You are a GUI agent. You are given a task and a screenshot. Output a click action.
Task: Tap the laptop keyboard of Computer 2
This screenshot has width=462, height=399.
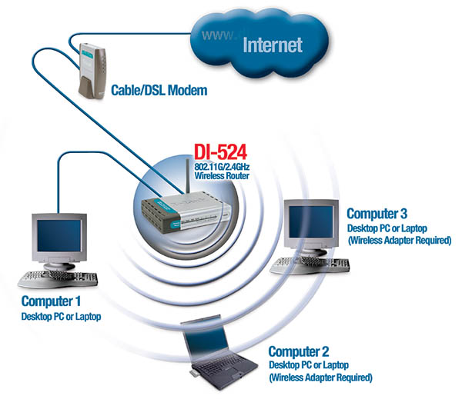(219, 367)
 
